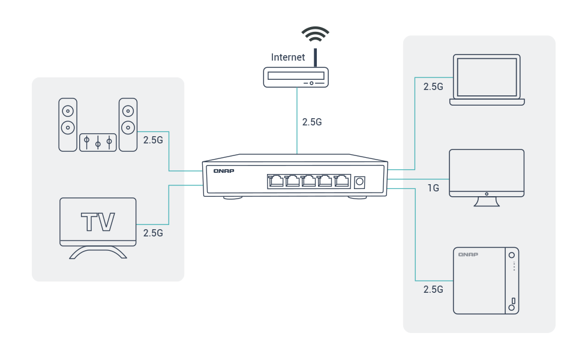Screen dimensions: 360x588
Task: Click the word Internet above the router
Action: click(x=288, y=58)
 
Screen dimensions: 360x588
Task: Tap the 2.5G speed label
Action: click(x=312, y=122)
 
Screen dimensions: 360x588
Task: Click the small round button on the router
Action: click(x=312, y=82)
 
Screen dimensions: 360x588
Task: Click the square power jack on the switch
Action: click(x=360, y=181)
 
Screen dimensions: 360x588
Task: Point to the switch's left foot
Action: click(x=233, y=197)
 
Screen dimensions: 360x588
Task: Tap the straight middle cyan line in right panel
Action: click(x=420, y=179)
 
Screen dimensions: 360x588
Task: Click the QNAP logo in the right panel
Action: click(x=468, y=254)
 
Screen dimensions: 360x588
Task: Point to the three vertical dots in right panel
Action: click(x=514, y=266)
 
